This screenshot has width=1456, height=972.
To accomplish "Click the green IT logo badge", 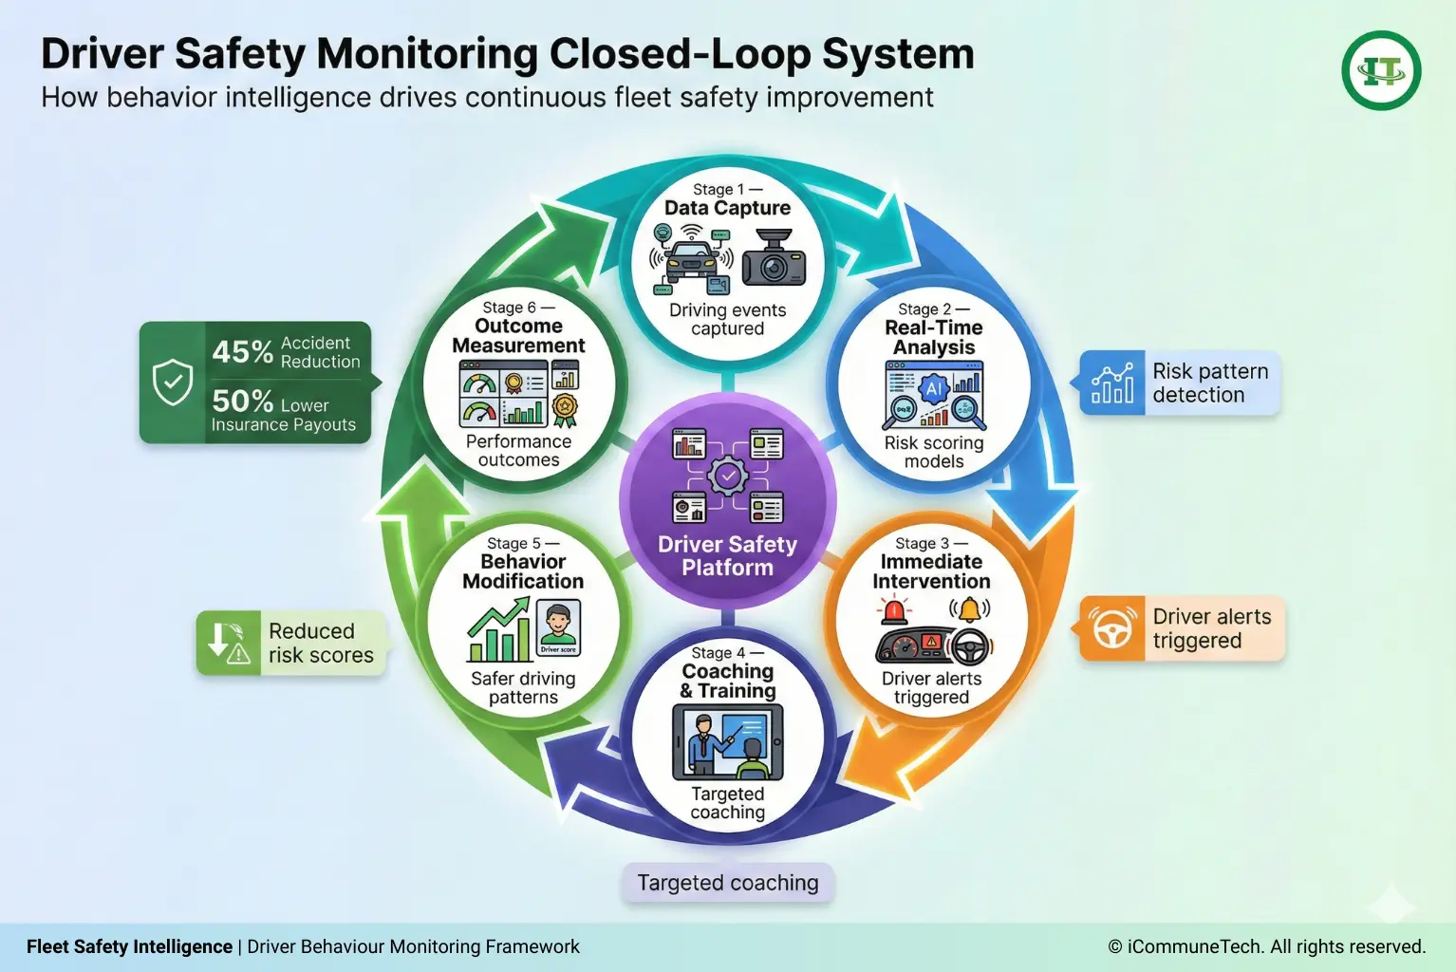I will click(x=1381, y=71).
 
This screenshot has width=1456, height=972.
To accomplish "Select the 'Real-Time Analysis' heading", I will click(x=934, y=338).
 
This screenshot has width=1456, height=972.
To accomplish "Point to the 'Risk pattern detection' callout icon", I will click(x=1112, y=383).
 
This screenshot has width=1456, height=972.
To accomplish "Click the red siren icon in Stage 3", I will click(x=893, y=609).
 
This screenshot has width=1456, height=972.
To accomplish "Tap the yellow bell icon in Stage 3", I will click(x=969, y=608).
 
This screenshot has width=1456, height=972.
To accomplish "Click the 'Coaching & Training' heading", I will click(x=728, y=681).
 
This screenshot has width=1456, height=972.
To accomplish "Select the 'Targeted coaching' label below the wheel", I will click(x=728, y=883).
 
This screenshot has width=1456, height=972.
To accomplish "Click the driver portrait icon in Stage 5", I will click(x=558, y=627).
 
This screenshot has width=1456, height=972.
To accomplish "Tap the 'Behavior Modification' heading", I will click(x=523, y=571).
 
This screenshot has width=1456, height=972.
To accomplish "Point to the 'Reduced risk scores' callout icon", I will click(x=228, y=643).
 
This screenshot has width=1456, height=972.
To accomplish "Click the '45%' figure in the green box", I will click(x=242, y=352).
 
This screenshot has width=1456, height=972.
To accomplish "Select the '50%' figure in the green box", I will click(x=242, y=401).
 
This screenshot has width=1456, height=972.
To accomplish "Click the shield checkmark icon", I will click(x=173, y=383).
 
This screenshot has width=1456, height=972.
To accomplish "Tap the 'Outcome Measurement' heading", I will click(x=518, y=336).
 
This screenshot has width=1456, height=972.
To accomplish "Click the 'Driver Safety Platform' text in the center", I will click(x=728, y=556).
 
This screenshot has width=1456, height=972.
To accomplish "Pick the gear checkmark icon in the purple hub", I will click(x=728, y=476).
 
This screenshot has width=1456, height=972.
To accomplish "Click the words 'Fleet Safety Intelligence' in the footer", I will click(x=129, y=946).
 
